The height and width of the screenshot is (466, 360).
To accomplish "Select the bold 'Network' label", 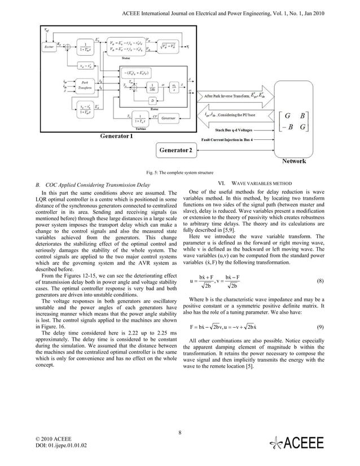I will pos(294,161).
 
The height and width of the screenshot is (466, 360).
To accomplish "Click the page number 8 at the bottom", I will pos(179,433).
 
